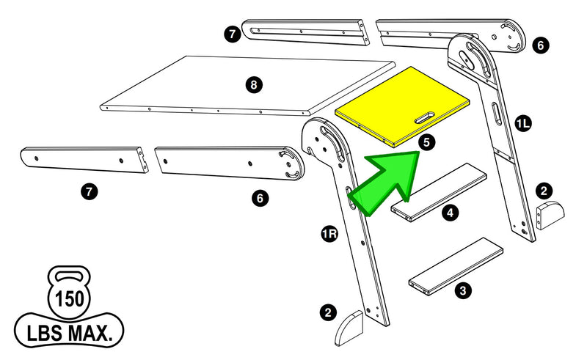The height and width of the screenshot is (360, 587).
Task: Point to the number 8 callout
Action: point(253,85)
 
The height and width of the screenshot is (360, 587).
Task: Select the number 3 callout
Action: point(462,291)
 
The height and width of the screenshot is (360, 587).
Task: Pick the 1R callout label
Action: point(329,234)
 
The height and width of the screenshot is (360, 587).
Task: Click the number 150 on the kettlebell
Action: point(70,299)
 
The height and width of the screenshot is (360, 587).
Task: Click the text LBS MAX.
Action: point(70,334)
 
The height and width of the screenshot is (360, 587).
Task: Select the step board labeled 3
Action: point(456,265)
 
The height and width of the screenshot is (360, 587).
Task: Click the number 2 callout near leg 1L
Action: point(544,191)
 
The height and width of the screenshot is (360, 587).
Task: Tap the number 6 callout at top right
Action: point(540,45)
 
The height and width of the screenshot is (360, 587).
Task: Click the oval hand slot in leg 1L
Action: point(496,113)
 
